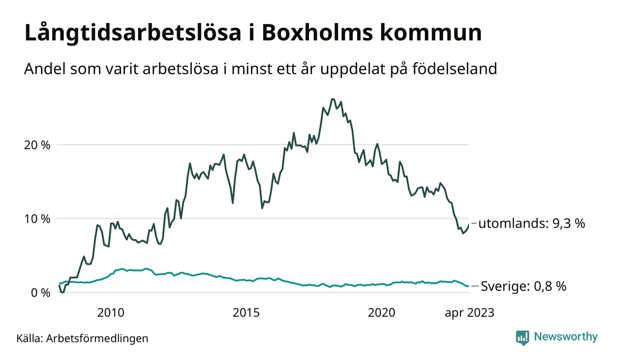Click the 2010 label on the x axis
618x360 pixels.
[111, 313]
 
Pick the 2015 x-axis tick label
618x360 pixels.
[246, 313]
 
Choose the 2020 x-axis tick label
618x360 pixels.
[382, 313]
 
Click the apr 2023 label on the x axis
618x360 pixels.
[469, 313]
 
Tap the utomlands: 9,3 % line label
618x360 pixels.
[532, 224]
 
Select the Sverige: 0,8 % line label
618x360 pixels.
[523, 287]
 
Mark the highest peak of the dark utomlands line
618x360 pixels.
[332, 99]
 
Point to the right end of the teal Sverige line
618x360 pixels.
[469, 286]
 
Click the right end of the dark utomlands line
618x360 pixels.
[469, 224]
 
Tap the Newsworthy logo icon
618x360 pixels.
[523, 337]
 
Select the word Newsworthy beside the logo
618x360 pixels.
[566, 337]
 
